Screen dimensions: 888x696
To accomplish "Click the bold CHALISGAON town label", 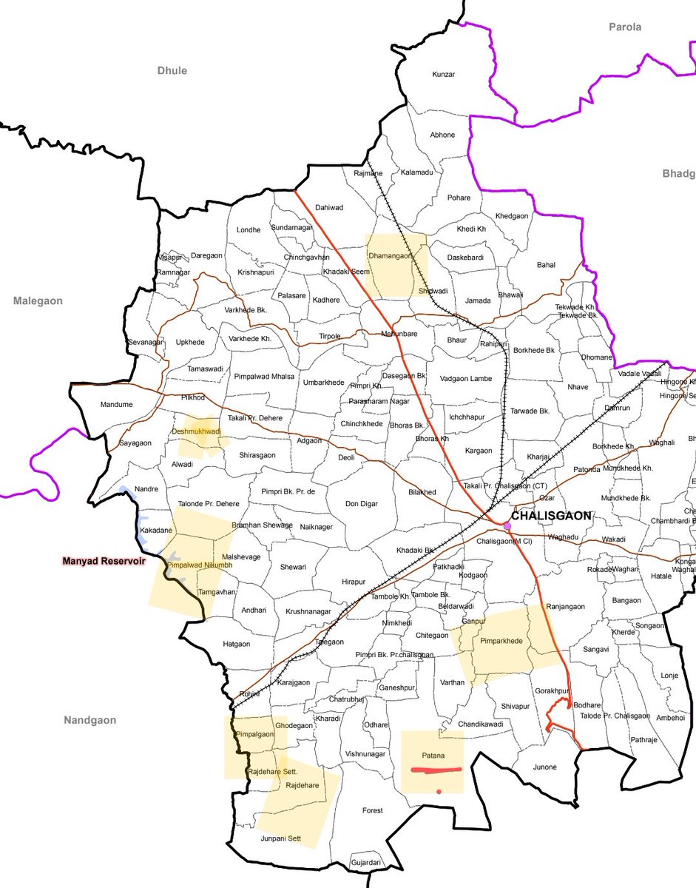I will point(551,516).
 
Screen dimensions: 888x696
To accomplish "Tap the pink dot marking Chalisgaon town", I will point(507,526).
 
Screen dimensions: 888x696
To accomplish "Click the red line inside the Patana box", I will point(436,770).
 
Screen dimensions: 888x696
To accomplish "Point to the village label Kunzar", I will point(443,75).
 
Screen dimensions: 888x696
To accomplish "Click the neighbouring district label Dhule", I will point(172,71).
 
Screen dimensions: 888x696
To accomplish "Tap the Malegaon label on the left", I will point(38,301).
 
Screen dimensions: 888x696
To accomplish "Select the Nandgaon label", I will point(89,720).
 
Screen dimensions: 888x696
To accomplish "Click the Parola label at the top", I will point(625,27).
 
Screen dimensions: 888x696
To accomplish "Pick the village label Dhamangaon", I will point(389,255).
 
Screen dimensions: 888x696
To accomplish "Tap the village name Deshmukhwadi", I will point(197,431).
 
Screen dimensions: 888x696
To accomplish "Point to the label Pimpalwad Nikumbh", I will point(200,565).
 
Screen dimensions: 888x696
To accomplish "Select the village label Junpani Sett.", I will point(281,838).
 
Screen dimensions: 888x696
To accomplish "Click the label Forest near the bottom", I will point(372,811).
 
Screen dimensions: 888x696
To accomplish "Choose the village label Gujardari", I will point(366,863).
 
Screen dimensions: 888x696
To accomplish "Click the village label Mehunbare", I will point(399,334).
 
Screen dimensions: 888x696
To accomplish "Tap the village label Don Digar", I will point(362,504).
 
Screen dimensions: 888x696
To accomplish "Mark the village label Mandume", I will point(117,405).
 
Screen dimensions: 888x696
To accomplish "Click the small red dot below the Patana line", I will point(439,792).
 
